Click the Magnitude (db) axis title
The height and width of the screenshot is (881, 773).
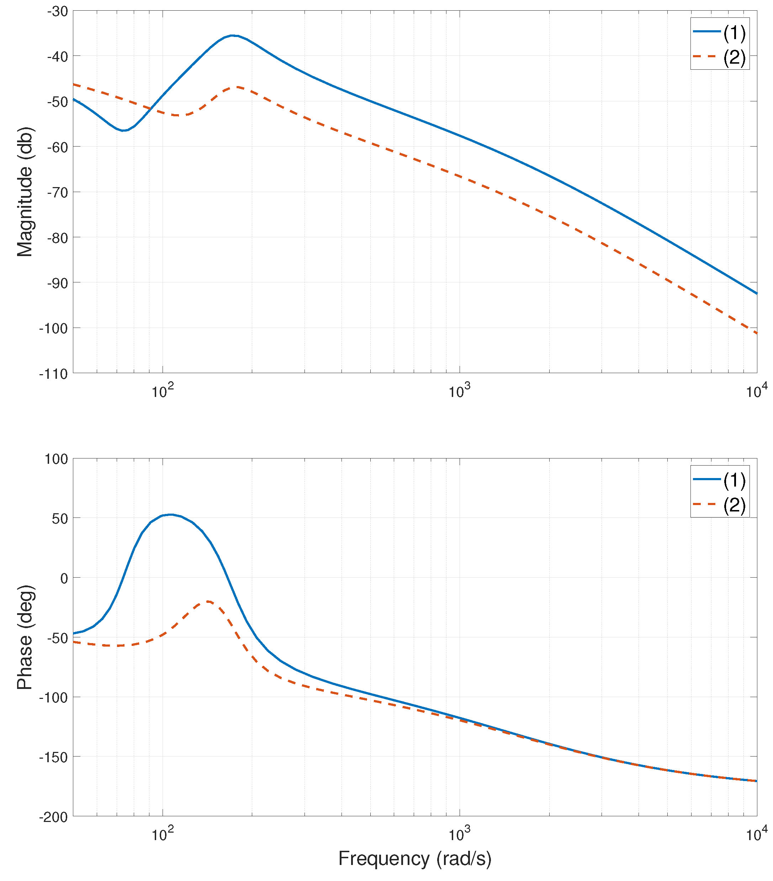click(x=25, y=191)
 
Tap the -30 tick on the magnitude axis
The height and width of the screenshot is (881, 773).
click(x=57, y=12)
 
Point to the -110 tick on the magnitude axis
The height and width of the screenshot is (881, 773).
click(x=53, y=374)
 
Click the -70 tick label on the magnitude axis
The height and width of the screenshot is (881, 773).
click(x=57, y=193)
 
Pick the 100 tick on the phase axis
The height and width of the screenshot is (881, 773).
click(x=56, y=459)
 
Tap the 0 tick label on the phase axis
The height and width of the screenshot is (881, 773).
click(x=64, y=578)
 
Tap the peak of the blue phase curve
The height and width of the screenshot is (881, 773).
click(x=171, y=514)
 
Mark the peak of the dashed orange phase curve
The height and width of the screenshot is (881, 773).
click(x=208, y=601)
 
